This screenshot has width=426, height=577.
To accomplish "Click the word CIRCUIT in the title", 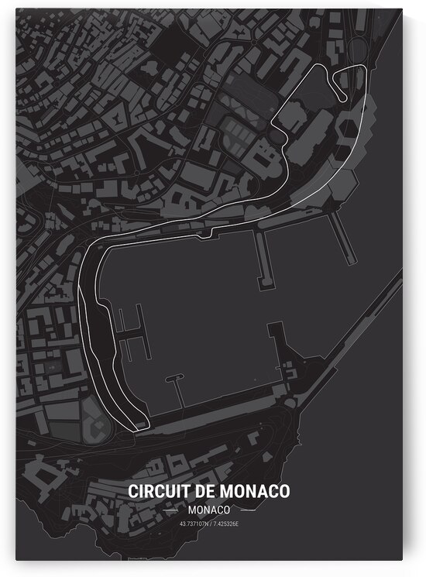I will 154,492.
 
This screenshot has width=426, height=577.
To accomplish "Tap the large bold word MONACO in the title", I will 253,492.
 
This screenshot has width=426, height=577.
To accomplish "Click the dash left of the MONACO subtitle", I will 173,511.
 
